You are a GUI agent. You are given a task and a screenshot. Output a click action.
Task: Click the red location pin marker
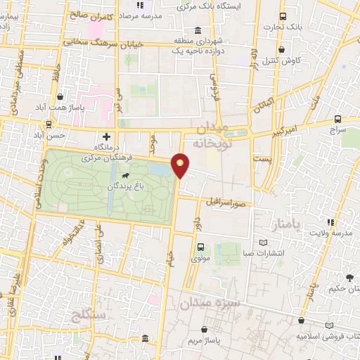(x=181, y=165)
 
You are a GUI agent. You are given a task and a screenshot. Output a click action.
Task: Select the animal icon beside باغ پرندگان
(x=125, y=175)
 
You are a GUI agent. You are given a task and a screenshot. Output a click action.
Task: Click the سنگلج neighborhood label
(x=88, y=314)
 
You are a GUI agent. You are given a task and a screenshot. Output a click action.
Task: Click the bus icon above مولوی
(x=201, y=247)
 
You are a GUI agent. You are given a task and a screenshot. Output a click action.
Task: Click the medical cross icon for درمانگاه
(x=107, y=136)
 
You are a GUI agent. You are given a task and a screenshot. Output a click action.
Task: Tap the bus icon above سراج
(x=337, y=119)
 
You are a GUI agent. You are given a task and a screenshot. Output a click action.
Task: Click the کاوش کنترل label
(x=283, y=60)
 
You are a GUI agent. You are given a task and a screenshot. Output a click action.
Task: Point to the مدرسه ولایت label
(x=332, y=233)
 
